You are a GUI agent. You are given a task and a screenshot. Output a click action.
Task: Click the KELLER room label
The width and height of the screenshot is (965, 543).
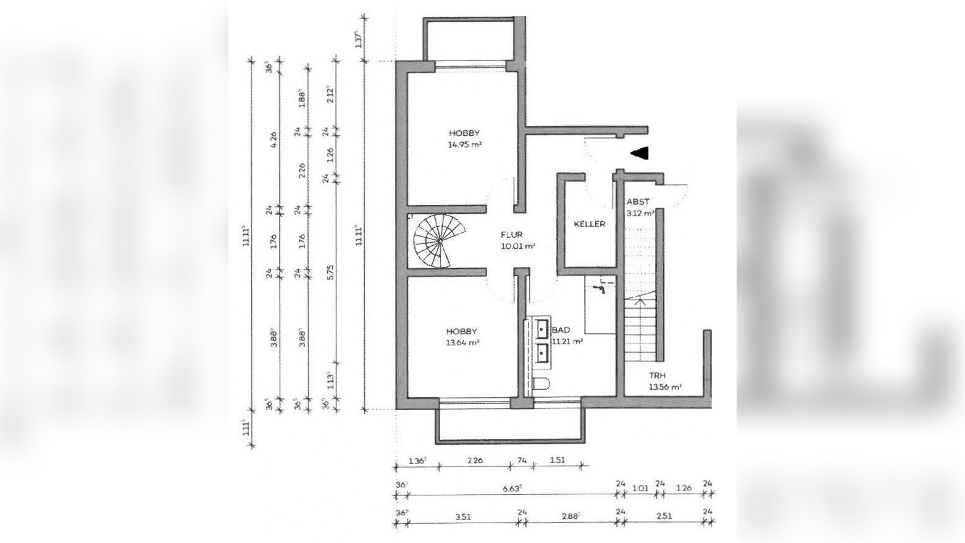[x=589, y=224]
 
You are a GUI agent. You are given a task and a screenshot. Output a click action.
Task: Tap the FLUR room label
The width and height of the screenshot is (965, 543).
[x=512, y=235]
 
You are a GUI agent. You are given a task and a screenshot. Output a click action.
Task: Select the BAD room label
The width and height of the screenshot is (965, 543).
[x=561, y=330]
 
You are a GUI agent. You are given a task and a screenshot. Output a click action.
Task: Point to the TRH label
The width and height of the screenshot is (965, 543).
[x=657, y=376]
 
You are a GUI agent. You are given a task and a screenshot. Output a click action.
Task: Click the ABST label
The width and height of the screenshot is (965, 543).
[x=638, y=202]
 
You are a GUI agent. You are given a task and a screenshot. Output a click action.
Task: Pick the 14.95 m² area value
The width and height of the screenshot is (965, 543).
[x=464, y=145]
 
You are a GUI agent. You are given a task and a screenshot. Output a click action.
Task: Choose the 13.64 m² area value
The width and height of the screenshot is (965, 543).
[x=462, y=343]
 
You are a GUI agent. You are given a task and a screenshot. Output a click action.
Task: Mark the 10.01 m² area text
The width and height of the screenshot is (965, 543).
[x=517, y=246]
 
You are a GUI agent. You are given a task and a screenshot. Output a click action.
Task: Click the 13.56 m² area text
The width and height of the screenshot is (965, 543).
[x=664, y=387]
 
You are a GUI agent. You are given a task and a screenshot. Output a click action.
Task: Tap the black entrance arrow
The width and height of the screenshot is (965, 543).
[x=639, y=153]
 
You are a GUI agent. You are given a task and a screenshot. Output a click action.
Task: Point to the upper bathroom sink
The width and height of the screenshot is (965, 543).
[x=541, y=329]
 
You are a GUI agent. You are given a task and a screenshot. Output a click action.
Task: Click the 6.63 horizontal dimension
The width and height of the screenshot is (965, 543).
[x=512, y=488]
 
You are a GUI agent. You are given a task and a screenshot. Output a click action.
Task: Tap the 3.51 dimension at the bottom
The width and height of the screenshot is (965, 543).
[x=462, y=516]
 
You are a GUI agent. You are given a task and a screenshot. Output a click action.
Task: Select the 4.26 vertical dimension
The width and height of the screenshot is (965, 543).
[x=273, y=137]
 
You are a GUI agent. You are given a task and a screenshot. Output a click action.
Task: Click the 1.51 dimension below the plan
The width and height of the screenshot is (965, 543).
[x=557, y=460]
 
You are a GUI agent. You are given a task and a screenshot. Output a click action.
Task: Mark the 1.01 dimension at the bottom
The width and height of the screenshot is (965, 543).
[x=640, y=488]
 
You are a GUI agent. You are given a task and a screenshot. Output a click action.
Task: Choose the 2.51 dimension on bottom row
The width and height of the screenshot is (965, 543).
[x=664, y=516]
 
